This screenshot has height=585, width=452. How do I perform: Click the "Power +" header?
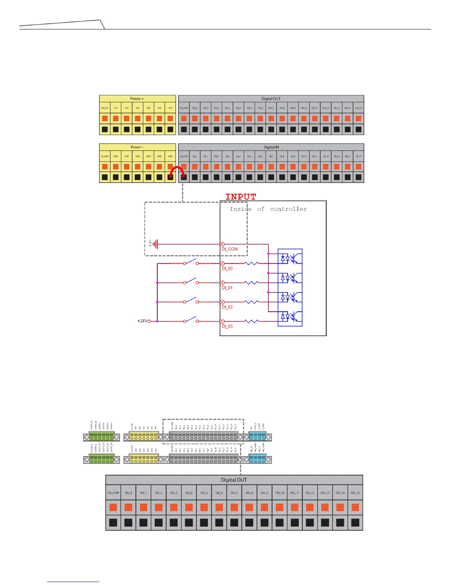pos(137,99)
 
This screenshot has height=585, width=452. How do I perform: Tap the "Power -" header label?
pos(137,147)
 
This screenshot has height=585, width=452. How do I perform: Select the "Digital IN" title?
pos(271,147)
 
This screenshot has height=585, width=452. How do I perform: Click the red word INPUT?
pos(241,197)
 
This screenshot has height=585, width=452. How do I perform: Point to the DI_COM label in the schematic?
pos(230,249)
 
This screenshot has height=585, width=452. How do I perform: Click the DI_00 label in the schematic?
pos(227,268)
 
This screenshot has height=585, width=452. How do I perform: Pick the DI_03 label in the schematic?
pos(227,326)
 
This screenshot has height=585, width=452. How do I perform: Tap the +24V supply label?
pos(143,321)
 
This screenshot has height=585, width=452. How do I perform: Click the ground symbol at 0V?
pos(156,244)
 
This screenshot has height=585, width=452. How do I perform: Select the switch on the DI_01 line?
pos(191,282)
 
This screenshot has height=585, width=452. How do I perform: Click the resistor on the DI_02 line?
pos(251,302)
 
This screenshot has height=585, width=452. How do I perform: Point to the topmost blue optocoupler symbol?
pos(290,258)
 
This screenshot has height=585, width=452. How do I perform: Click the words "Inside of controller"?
pos(268,209)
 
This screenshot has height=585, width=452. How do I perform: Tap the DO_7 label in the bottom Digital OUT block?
pos(234,493)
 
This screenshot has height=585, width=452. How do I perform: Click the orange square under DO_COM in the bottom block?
pos(113,507)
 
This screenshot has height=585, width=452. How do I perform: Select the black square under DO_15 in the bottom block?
pos(355,523)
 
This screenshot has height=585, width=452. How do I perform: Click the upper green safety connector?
pos(102,437)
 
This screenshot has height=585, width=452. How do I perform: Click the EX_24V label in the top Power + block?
pos(105,108)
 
